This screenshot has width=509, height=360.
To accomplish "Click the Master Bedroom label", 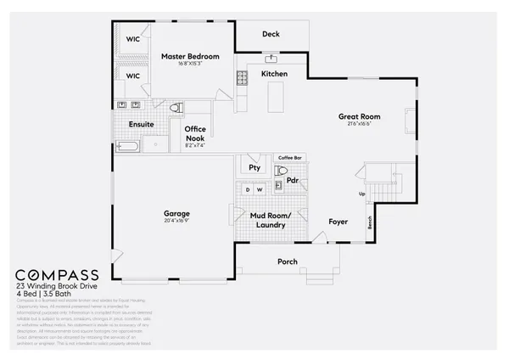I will pyautogui.click(x=190, y=57).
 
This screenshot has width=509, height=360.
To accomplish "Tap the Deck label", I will pyautogui.click(x=271, y=34).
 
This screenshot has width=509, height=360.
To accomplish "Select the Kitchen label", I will pyautogui.click(x=274, y=75).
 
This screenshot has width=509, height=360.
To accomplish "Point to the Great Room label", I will pyautogui.click(x=359, y=117).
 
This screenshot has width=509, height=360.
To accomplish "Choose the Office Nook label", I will pyautogui.click(x=195, y=134).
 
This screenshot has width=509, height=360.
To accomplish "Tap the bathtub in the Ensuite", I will pyautogui.click(x=129, y=147).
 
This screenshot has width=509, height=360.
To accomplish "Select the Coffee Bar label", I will pyautogui.click(x=290, y=157).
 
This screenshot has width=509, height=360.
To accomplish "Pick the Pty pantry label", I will pyautogui.click(x=255, y=168).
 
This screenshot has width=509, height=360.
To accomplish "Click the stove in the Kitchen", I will pyautogui.click(x=241, y=79).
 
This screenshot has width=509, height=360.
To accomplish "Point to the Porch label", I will pyautogui.click(x=288, y=262).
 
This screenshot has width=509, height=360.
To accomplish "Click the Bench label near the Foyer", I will pyautogui.click(x=369, y=223).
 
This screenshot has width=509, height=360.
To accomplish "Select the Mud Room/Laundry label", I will pyautogui.click(x=271, y=221).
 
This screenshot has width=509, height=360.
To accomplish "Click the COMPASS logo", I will pyautogui.click(x=57, y=275).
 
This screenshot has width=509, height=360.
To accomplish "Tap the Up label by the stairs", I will pyautogui.click(x=364, y=194).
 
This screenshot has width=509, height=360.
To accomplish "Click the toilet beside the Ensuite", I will pyautogui.click(x=176, y=109).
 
